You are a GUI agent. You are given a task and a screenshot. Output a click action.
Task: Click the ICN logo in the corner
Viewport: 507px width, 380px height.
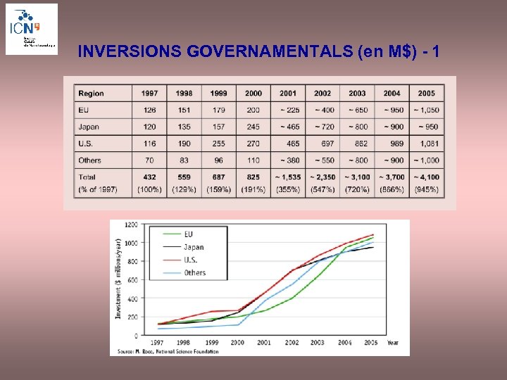[31, 29]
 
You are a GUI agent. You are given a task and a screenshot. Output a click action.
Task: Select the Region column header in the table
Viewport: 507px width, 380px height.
[91, 94]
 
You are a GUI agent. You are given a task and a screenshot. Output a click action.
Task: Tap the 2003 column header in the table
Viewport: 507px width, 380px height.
[357, 94]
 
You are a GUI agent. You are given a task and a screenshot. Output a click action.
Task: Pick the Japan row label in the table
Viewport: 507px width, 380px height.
[89, 127]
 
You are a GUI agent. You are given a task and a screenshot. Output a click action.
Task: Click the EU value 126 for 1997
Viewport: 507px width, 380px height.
[149, 110]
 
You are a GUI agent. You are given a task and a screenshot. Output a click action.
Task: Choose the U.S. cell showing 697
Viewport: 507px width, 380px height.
[323, 144]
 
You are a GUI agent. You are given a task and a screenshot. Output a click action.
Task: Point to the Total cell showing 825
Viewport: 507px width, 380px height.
[254, 177]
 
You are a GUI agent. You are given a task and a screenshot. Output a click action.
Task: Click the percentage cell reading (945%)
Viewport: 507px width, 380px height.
[427, 189]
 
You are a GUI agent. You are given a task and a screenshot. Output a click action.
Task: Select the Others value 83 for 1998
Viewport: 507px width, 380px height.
[184, 160]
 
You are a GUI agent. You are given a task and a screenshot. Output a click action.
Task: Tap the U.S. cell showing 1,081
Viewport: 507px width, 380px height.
[427, 144]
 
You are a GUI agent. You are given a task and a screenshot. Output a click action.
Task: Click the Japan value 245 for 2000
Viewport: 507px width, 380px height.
[254, 127]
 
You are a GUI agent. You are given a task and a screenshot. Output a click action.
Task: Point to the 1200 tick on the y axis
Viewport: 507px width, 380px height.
[132, 225]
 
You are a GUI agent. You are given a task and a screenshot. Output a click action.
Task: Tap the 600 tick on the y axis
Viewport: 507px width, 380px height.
[133, 280]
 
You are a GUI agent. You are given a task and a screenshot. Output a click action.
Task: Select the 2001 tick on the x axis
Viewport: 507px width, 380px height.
[263, 342]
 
